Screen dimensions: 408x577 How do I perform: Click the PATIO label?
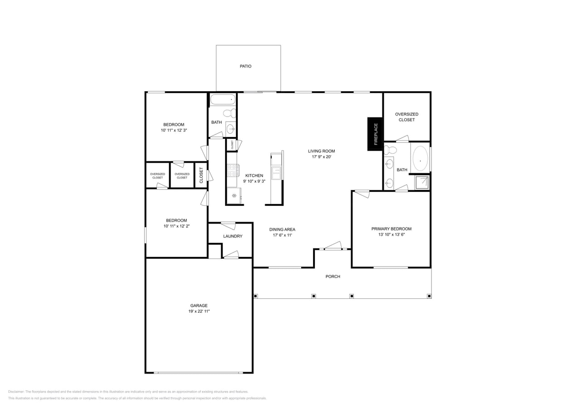coord(245,66)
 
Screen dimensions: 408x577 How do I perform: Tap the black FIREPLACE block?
coord(375,134)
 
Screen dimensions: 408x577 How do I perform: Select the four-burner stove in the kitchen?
coord(233,170)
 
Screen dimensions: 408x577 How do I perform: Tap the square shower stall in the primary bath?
coord(421,182)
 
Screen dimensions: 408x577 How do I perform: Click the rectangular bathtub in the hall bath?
coord(223,99)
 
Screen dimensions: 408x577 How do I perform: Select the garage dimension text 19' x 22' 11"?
coord(199,311)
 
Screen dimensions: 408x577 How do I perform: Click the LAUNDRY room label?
coord(233,236)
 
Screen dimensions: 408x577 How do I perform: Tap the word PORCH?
coord(333,277)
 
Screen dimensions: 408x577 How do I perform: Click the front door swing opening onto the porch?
coord(333,246)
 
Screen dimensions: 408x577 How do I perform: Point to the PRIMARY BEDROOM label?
coord(391,229)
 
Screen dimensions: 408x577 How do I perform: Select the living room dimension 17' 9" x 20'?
coord(321,157)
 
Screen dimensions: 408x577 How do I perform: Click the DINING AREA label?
coord(282,229)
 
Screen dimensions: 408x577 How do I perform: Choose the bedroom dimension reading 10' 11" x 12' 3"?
coord(174,130)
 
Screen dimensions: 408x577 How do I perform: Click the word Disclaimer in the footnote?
coord(16,392)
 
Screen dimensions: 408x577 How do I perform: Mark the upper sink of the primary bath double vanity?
coord(389,164)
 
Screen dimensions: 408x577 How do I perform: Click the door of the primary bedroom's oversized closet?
coord(402,139)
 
